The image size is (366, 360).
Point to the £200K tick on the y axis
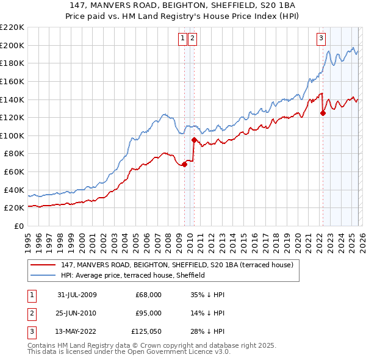coord(12,45)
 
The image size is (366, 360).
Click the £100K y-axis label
coord(12,135)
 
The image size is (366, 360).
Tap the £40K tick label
coord(14,190)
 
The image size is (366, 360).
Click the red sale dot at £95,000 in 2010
coord(194,140)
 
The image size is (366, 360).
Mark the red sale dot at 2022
coord(323,113)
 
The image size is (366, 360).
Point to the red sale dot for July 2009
coord(184,164)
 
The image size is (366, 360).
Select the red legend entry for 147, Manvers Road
coord(177,265)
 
